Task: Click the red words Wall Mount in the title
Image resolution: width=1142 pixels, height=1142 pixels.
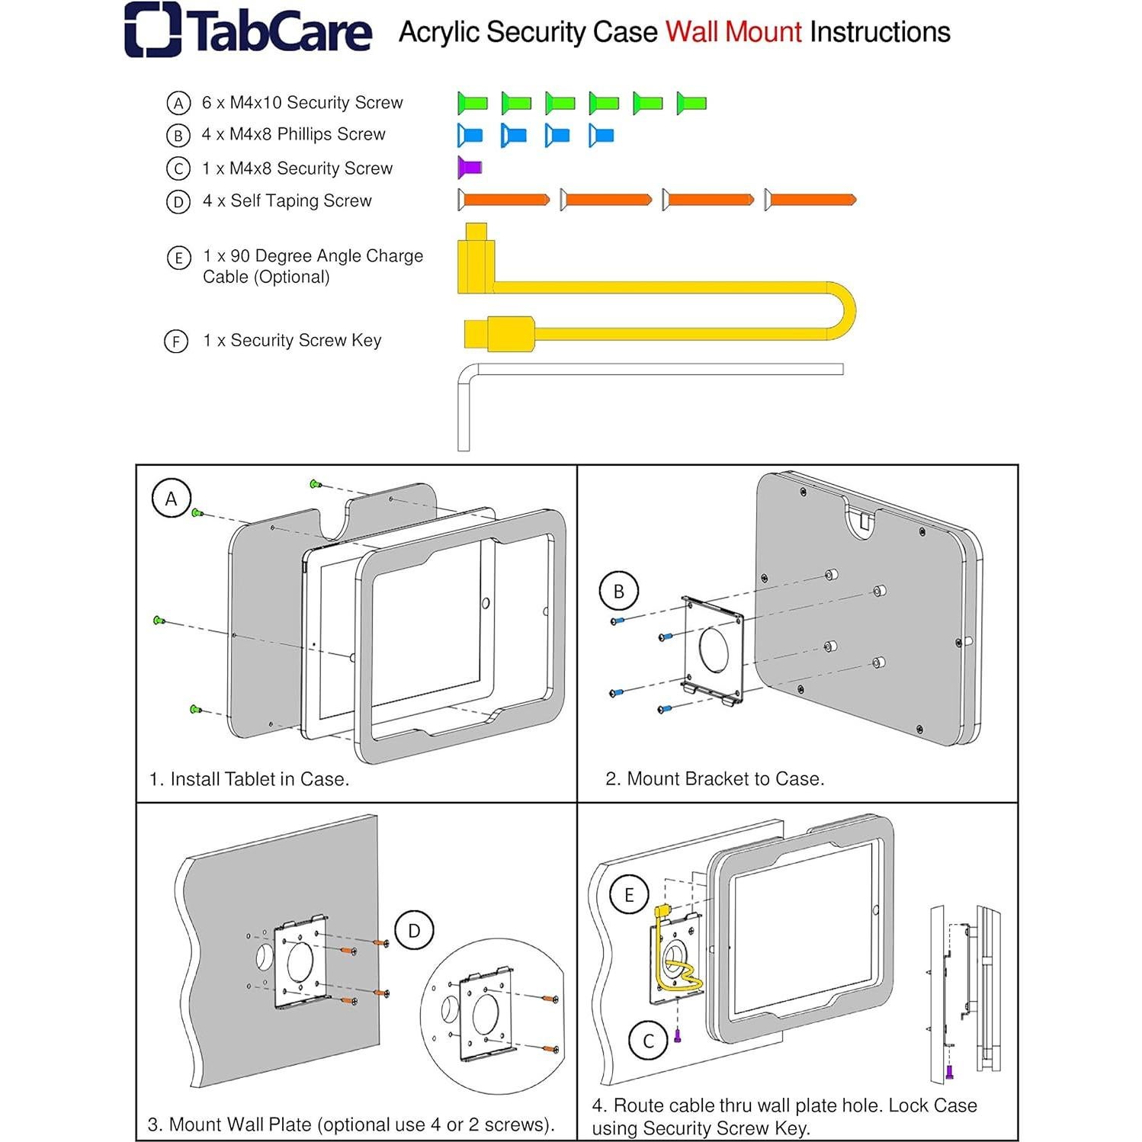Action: (733, 32)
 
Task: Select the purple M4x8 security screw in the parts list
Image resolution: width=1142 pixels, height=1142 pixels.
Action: (469, 166)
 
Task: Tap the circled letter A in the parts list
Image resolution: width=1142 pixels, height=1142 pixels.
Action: (178, 103)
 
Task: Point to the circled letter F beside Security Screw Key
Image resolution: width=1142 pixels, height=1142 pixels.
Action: (176, 341)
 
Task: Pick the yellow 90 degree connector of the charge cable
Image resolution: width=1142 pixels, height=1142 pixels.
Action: (475, 259)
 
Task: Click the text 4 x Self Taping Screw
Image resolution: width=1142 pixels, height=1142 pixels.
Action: (287, 200)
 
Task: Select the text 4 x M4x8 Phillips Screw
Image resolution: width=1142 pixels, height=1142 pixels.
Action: (294, 134)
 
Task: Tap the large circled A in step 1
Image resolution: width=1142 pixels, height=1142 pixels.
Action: (171, 499)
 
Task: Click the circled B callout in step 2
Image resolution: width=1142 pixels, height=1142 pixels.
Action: (618, 591)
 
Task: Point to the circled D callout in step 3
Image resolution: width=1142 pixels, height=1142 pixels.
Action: (414, 930)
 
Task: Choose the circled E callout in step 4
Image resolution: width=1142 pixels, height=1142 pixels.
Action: (629, 894)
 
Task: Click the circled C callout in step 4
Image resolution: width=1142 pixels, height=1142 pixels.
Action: (649, 1041)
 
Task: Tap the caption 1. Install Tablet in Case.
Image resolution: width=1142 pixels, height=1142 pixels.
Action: (249, 778)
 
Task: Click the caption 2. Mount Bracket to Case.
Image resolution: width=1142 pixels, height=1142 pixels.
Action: (714, 778)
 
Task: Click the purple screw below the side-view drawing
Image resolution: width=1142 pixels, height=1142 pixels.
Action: (949, 1072)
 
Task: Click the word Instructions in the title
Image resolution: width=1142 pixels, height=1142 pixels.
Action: (880, 32)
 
